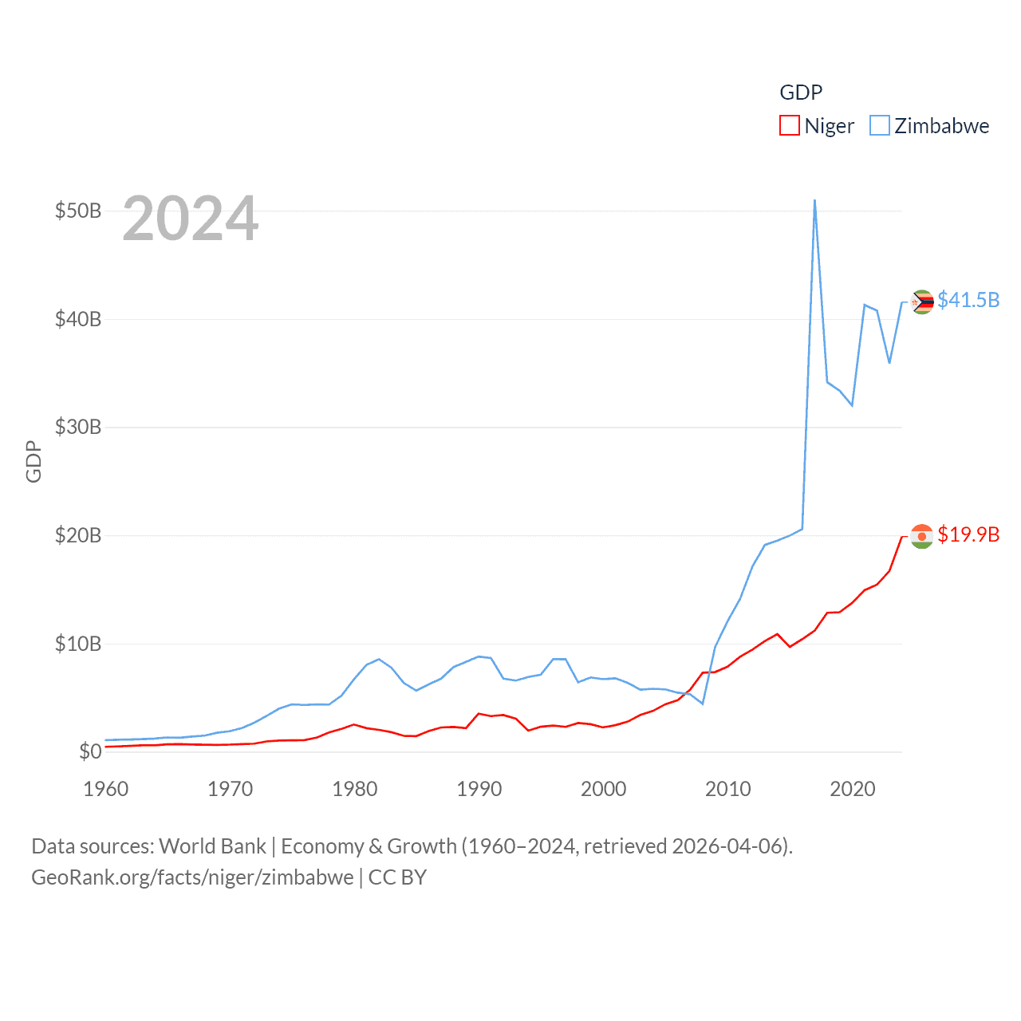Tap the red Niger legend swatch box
pos(789,126)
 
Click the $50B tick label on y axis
pos(78,211)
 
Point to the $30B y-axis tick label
pos(78,427)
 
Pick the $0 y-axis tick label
pos(90,751)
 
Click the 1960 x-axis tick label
pos(106,789)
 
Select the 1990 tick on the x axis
pos(479,789)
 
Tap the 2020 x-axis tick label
pos(853,789)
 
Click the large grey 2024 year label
pos(191,219)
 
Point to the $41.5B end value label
pos(968,300)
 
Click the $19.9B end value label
pos(968,534)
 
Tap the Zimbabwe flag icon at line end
pos(922,302)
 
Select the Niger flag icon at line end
pos(922,537)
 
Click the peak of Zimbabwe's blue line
pos(814,200)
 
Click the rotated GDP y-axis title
pos(34,461)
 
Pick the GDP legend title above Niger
pos(801,93)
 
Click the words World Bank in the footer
pos(212,846)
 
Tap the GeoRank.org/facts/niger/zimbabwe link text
pos(192,877)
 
